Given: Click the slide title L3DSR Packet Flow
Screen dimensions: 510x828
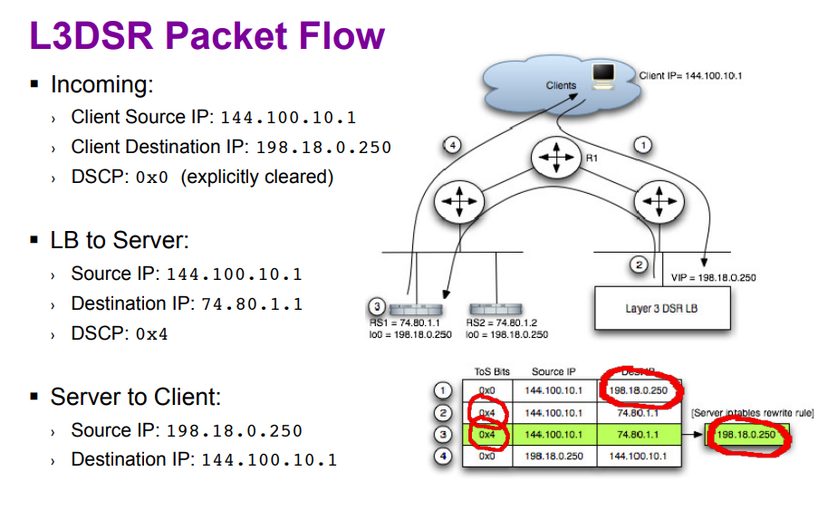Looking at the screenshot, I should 207,36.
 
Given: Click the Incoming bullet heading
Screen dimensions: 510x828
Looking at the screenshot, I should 101,85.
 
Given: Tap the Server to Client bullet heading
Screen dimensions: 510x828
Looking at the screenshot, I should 136,397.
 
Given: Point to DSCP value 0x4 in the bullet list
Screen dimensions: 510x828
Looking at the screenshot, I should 152,334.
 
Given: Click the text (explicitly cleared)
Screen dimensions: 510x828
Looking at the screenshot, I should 257,178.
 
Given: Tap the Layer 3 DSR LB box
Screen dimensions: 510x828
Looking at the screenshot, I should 662,309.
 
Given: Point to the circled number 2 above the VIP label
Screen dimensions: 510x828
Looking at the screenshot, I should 639,265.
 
